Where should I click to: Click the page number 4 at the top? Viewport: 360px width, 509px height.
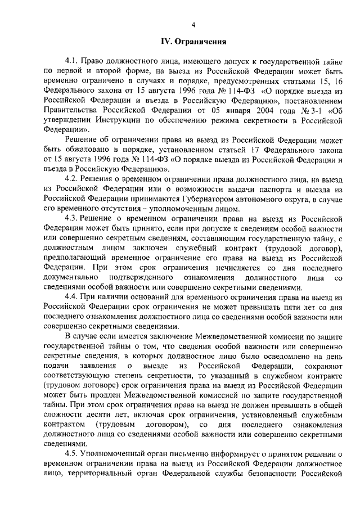point(193,24)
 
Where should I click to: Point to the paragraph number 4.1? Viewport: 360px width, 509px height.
point(73,59)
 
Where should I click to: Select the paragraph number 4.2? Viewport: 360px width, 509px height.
point(73,179)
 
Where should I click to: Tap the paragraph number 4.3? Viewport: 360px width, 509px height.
point(73,218)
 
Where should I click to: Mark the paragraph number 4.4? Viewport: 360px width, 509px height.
point(73,296)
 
